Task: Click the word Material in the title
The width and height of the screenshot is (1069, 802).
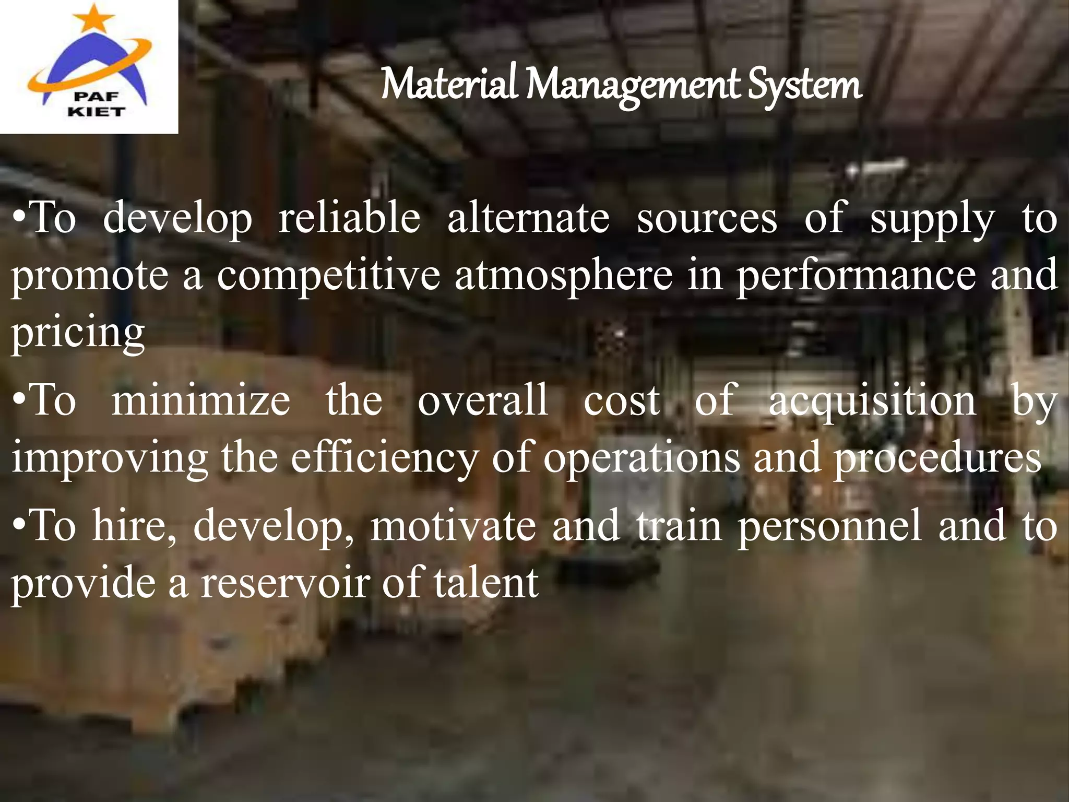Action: point(449,85)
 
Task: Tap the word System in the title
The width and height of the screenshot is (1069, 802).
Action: point(804,85)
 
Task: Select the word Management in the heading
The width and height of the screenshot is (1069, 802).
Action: point(634,85)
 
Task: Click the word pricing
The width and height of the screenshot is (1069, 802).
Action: point(78,332)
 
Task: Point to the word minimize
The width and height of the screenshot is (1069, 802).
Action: point(201,400)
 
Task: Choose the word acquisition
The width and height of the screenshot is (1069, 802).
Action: point(872,400)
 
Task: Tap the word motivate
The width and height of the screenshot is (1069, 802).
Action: point(453,525)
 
